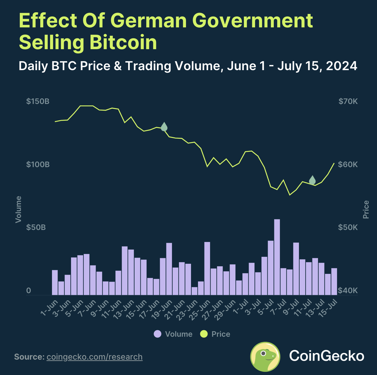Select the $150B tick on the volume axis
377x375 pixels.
(x=38, y=101)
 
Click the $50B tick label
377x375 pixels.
(x=36, y=227)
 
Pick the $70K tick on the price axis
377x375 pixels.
(x=348, y=101)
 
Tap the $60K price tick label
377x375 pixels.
(x=348, y=164)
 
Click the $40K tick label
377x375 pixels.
(x=348, y=291)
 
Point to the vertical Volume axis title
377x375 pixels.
(x=18, y=209)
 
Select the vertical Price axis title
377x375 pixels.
(x=366, y=209)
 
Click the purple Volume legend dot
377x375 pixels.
(x=158, y=334)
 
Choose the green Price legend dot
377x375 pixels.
(x=204, y=334)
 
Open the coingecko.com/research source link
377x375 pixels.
(x=95, y=357)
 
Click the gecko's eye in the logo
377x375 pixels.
(x=263, y=353)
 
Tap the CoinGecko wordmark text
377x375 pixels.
(x=326, y=356)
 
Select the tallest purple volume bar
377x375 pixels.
(x=277, y=257)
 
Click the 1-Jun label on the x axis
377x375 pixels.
(x=50, y=308)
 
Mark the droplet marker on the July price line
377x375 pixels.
(x=312, y=180)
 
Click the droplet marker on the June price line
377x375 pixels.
(x=164, y=127)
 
